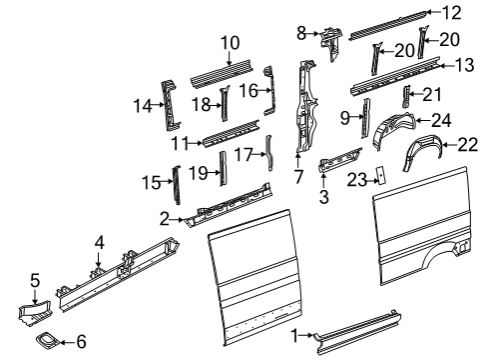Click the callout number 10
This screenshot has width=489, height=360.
pos(231,43)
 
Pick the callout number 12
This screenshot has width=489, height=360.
pos(453,13)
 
